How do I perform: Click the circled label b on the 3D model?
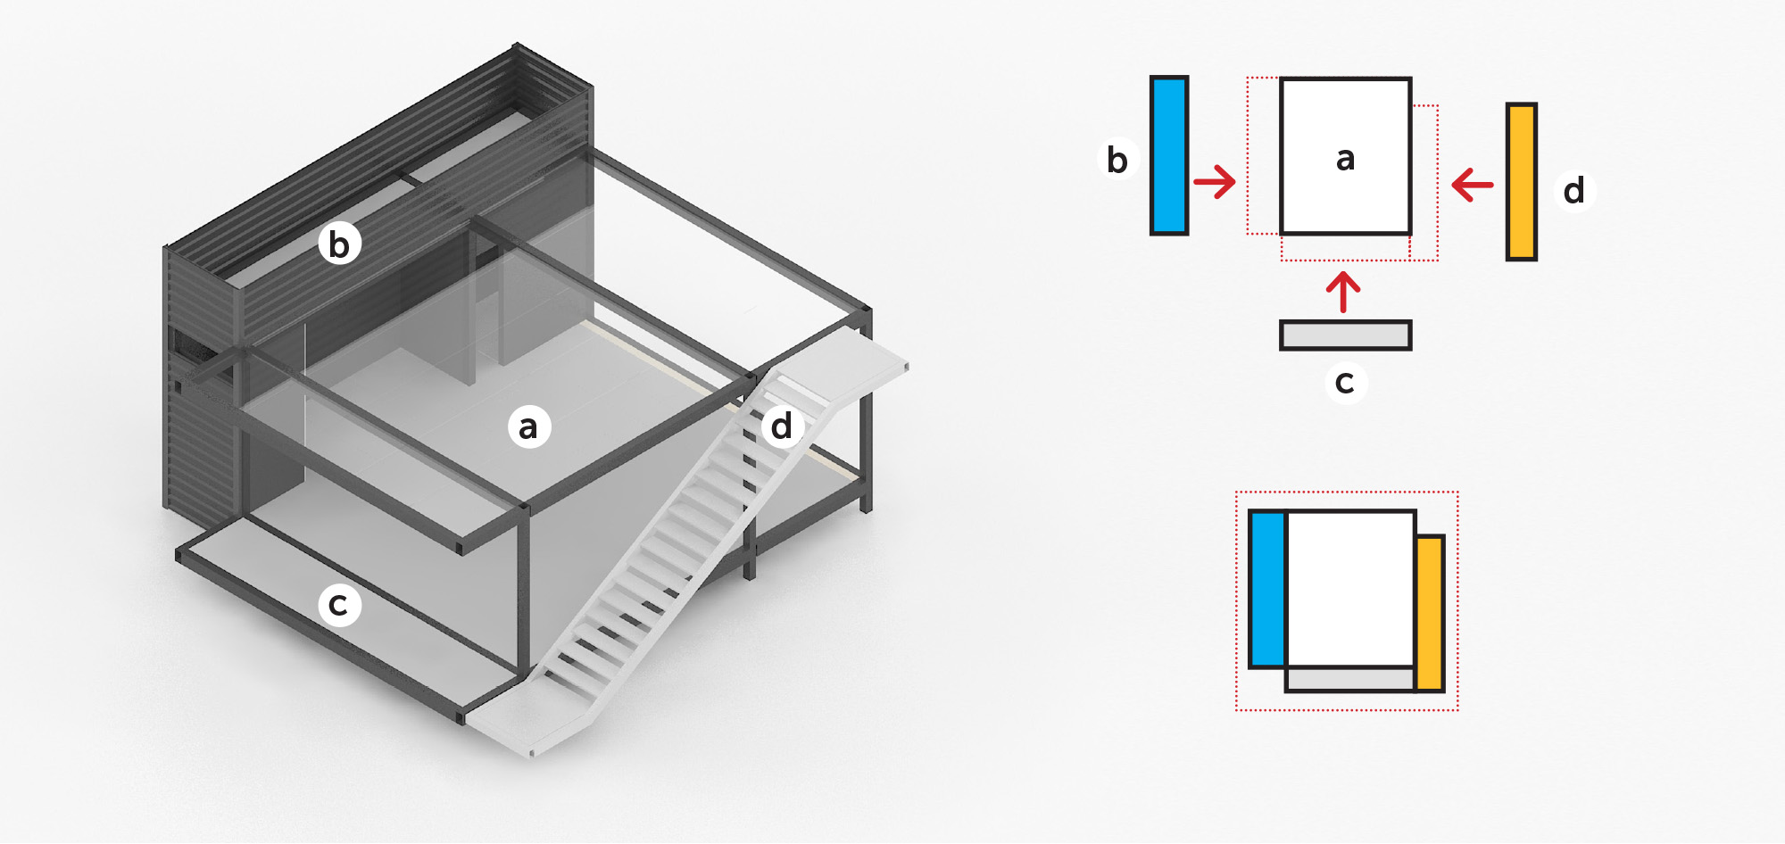click(x=339, y=244)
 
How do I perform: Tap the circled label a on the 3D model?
click(x=528, y=426)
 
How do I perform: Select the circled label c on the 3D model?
click(x=339, y=605)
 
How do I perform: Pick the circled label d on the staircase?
click(x=782, y=426)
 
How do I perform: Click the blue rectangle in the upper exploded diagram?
click(x=1169, y=155)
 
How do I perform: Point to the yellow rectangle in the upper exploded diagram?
click(x=1521, y=181)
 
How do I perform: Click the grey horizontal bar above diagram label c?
click(x=1345, y=335)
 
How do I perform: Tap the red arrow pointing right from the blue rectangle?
click(x=1215, y=182)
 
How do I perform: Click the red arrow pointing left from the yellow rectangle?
click(x=1473, y=186)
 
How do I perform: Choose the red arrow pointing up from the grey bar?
click(x=1343, y=292)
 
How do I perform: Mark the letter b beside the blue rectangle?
click(x=1117, y=160)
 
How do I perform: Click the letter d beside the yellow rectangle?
click(x=1574, y=191)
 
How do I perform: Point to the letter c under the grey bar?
click(x=1345, y=383)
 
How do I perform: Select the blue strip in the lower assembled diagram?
click(x=1267, y=589)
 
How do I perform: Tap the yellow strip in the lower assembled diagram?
click(x=1430, y=613)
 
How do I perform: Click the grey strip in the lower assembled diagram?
click(x=1349, y=679)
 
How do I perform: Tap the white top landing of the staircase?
click(x=857, y=357)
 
